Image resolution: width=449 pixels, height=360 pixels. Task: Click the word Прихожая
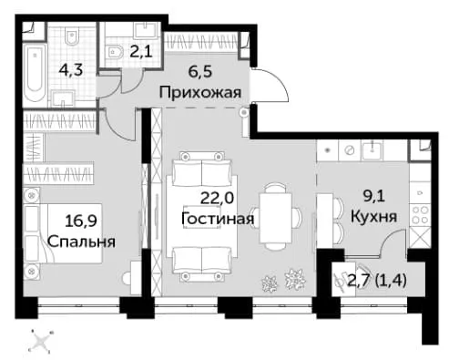[200, 92]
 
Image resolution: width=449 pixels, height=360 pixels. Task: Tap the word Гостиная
[218, 219]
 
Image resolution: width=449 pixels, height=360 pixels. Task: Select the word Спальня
[81, 242]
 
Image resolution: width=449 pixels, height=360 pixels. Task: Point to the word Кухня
[373, 217]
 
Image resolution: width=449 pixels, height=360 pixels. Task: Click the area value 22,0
[217, 199]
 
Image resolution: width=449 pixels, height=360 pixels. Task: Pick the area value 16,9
[81, 221]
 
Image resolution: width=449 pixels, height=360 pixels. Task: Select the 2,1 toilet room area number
[141, 52]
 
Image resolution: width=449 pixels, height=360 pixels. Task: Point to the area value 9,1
[374, 197]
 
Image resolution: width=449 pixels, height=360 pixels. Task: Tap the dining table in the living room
[275, 218]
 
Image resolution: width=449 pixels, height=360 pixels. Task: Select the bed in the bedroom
[63, 233]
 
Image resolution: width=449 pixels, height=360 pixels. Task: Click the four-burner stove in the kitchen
[420, 214]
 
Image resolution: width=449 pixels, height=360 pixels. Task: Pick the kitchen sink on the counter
[372, 150]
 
